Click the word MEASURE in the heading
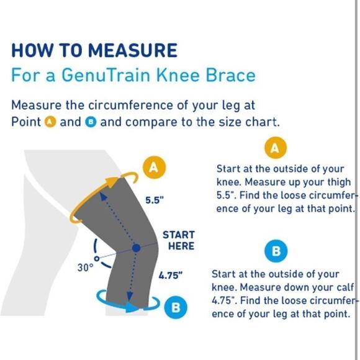coord(133,50)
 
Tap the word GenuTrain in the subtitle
coord(106,75)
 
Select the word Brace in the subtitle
coord(230,75)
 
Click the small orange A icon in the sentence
coord(50,122)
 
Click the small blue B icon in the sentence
coord(91,122)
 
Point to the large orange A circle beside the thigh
coord(154,168)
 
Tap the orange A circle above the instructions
coord(276,148)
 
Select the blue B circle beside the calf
coord(176,307)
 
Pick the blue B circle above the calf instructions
coord(276,251)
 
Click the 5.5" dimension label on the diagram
coord(155,200)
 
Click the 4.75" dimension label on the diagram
coord(170,275)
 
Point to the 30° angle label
coord(85,268)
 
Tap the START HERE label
coord(179,240)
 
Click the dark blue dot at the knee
coord(137,248)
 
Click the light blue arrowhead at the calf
coord(132,307)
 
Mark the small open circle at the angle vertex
coord(97,259)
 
